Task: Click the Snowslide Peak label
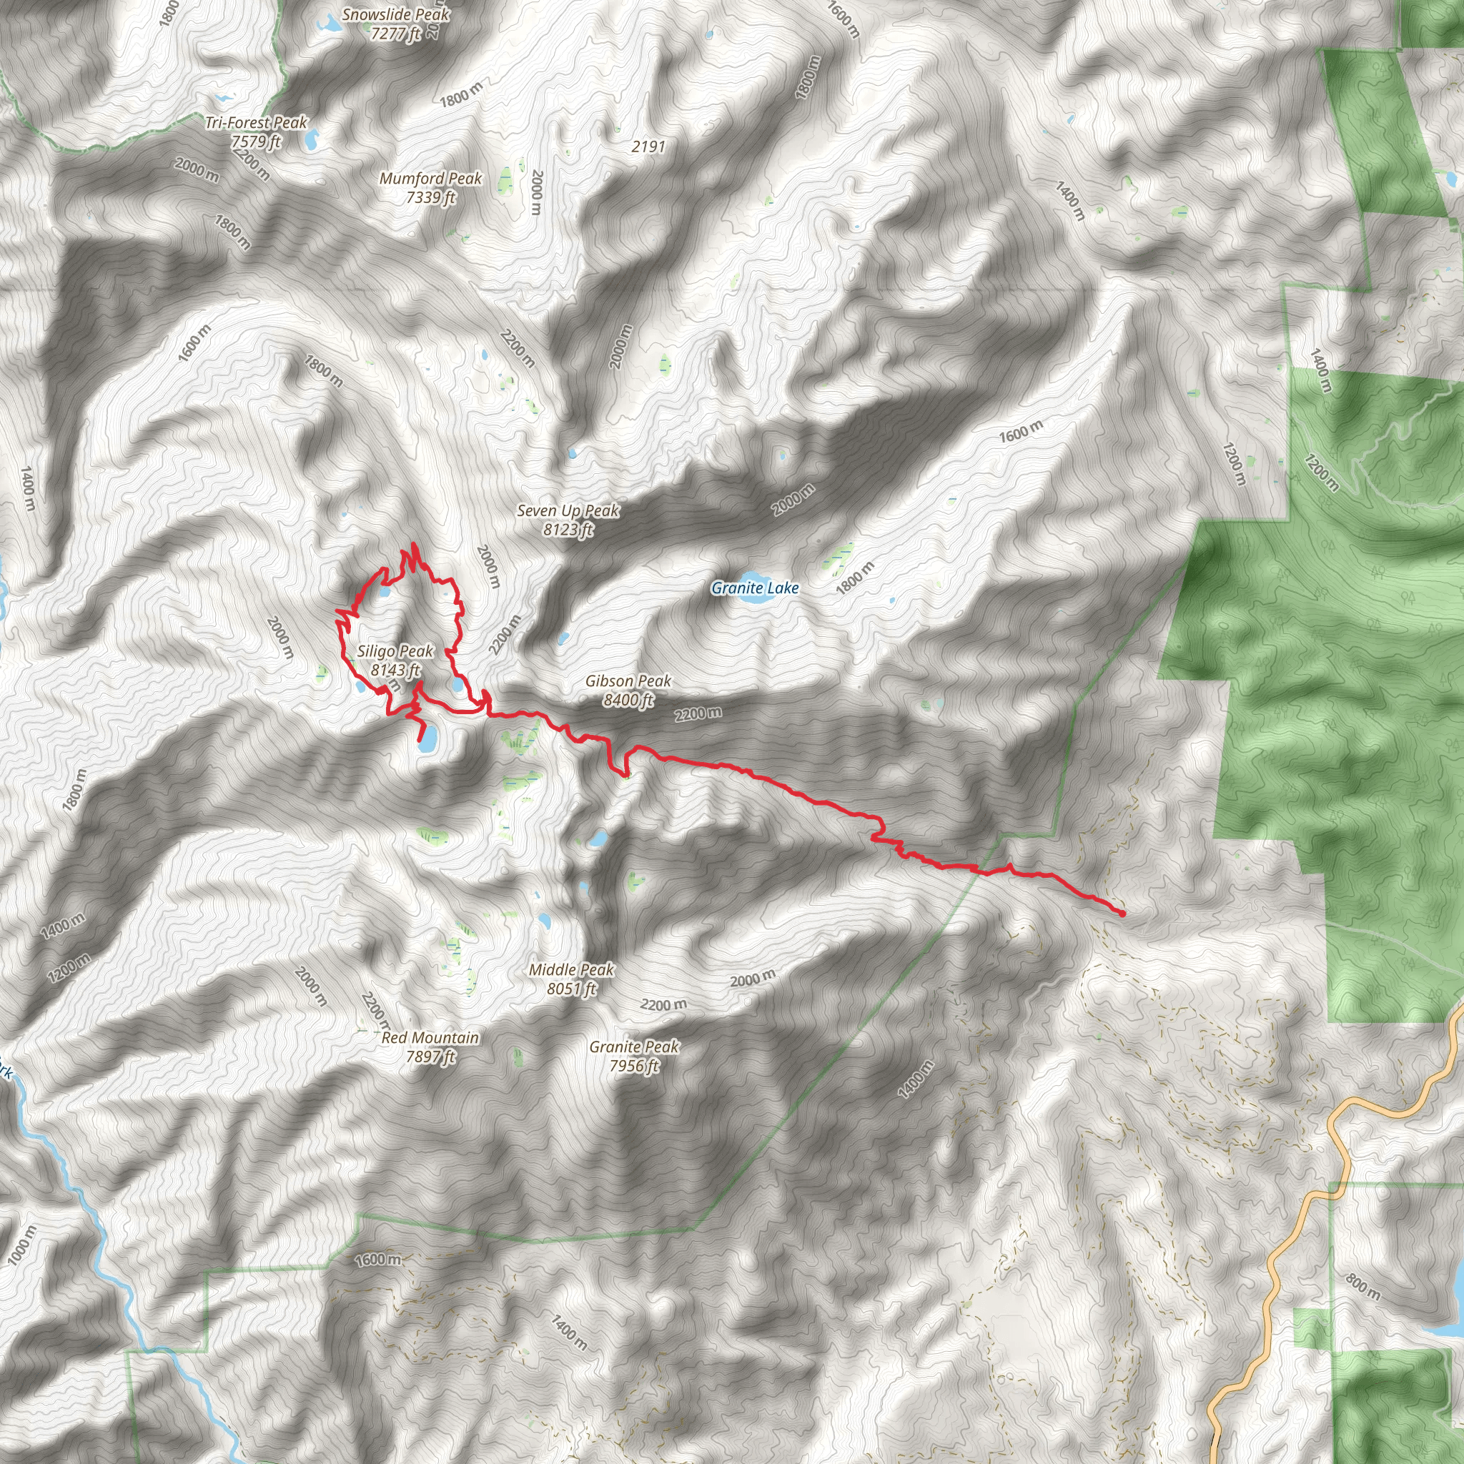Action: pyautogui.click(x=395, y=14)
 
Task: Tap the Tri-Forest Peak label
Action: pyautogui.click(x=256, y=123)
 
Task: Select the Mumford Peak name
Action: pyautogui.click(x=430, y=179)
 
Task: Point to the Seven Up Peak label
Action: pyautogui.click(x=568, y=510)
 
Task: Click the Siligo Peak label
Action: pyautogui.click(x=395, y=651)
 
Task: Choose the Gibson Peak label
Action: pyautogui.click(x=628, y=681)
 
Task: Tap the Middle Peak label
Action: pyautogui.click(x=571, y=970)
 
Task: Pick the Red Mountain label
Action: pyautogui.click(x=430, y=1038)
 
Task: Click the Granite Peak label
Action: pyautogui.click(x=634, y=1047)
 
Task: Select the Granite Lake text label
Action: pyautogui.click(x=755, y=588)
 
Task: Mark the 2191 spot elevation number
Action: pyautogui.click(x=648, y=147)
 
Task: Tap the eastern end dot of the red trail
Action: pyautogui.click(x=1122, y=914)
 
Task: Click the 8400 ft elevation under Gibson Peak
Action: pyautogui.click(x=628, y=700)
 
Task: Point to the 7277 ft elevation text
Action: pyautogui.click(x=395, y=34)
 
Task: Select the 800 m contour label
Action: pyautogui.click(x=1362, y=1287)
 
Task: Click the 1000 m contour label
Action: pyautogui.click(x=21, y=1245)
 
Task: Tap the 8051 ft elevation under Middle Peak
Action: pyautogui.click(x=571, y=989)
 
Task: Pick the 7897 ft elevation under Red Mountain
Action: pyautogui.click(x=430, y=1057)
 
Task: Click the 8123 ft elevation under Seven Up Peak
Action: pyautogui.click(x=568, y=530)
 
